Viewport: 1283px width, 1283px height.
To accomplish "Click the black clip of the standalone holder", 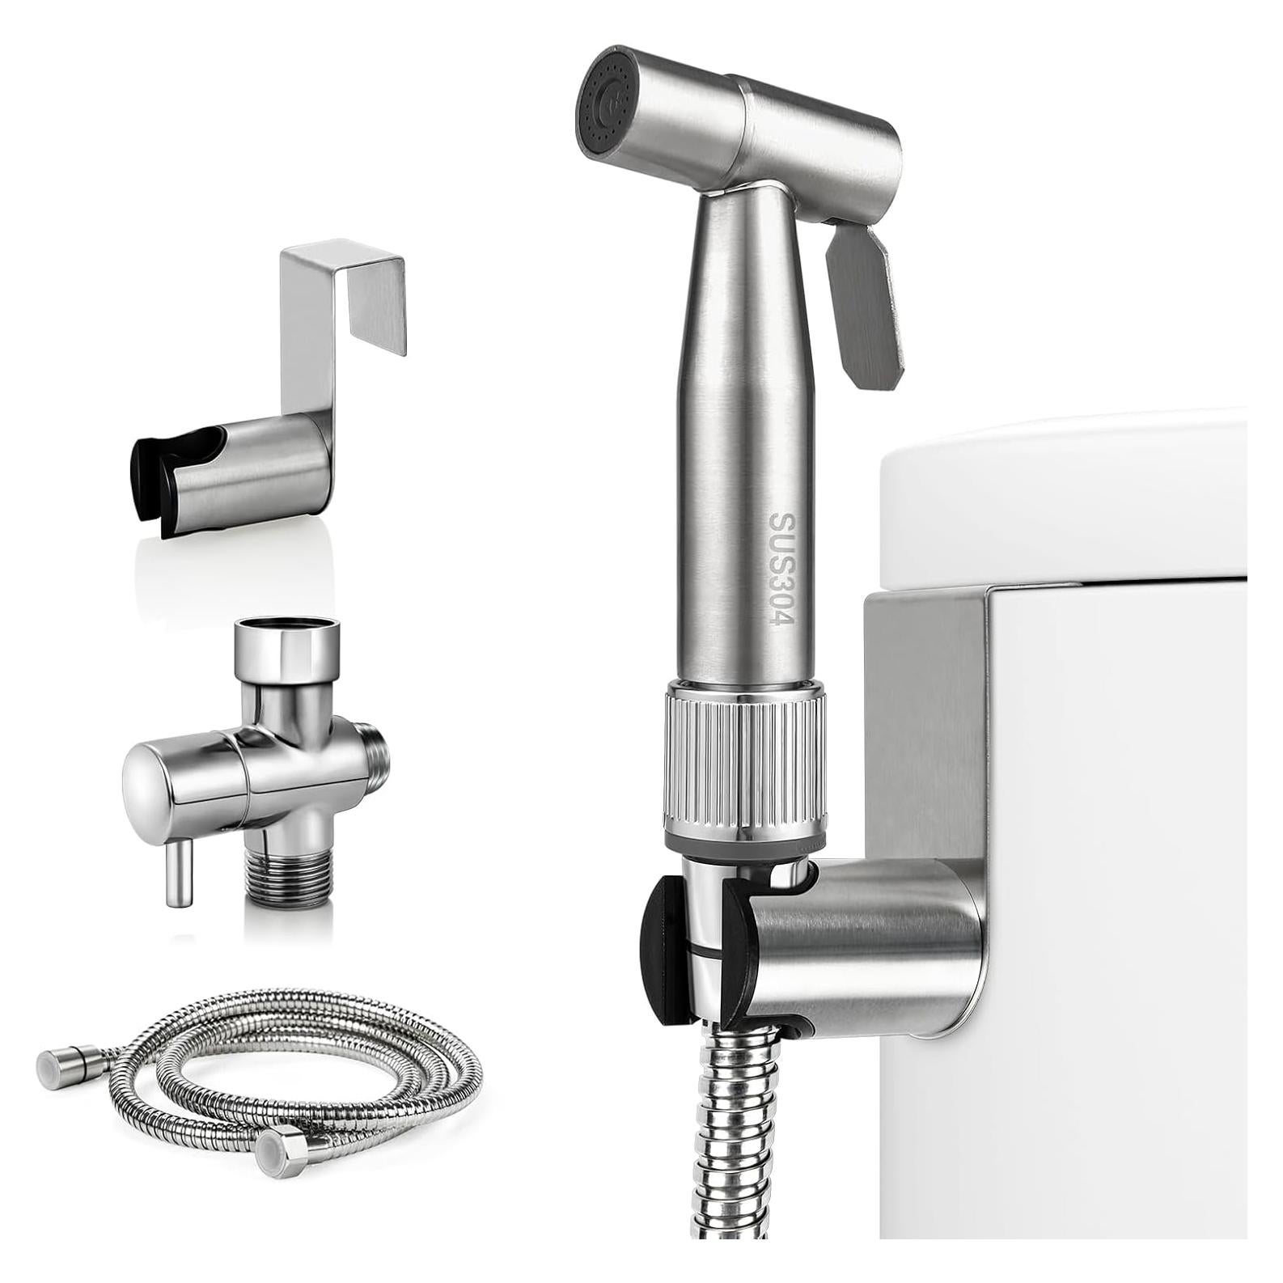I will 158,485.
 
